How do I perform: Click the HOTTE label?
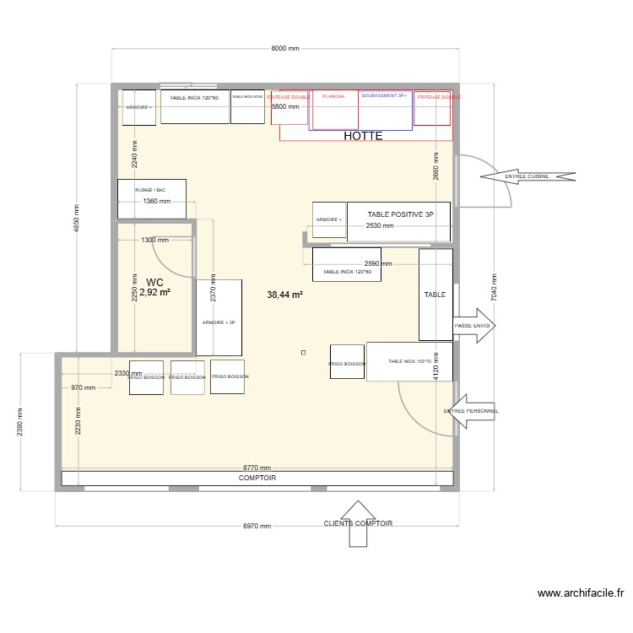coord(363,136)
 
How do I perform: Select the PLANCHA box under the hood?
coord(335,110)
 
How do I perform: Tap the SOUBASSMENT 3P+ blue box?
coord(386,110)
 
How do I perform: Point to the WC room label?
coord(154,282)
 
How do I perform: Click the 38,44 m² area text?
coord(284,295)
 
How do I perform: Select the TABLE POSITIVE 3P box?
coord(399,222)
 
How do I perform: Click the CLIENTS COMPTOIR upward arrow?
coord(358,523)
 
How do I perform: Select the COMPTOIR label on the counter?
coord(257,478)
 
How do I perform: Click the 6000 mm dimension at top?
coord(284,49)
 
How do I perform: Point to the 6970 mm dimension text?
coord(257,526)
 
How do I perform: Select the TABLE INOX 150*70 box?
coord(409,361)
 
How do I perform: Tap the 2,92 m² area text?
coord(154,293)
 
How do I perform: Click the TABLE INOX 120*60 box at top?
coord(194,106)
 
